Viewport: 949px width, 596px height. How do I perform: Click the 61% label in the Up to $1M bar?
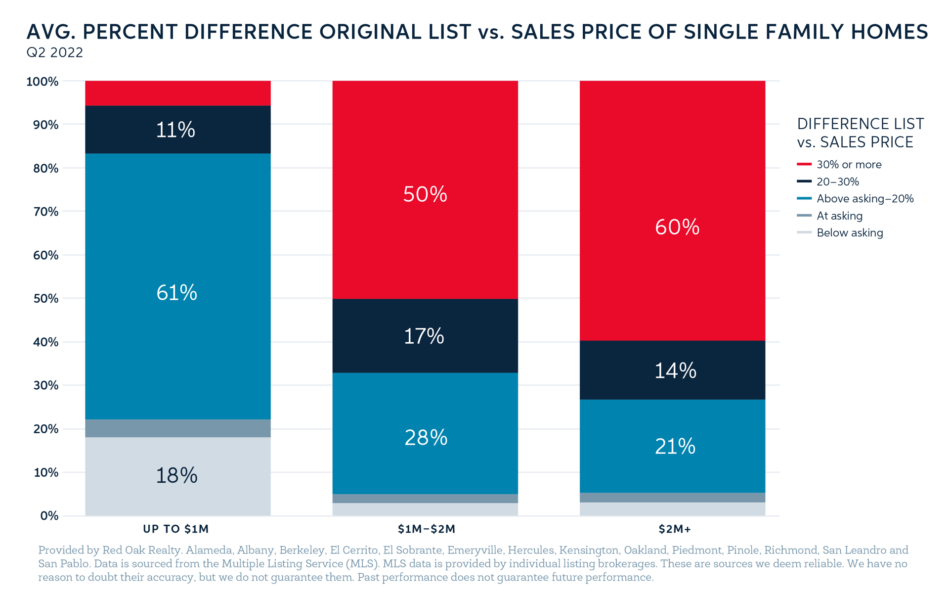point(176,293)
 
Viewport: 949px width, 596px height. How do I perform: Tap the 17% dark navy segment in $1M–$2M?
point(425,336)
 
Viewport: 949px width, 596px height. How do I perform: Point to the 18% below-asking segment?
point(177,476)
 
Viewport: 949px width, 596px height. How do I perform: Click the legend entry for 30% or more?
point(848,165)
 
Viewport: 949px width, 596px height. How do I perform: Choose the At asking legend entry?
point(839,216)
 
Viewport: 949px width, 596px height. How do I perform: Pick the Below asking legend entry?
point(849,233)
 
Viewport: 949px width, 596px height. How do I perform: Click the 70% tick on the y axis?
point(46,212)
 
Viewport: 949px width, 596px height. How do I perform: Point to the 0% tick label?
point(49,516)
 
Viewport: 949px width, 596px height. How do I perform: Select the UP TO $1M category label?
point(176,529)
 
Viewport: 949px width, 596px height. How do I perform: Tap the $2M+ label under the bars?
point(675,529)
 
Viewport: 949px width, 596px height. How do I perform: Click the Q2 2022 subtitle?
point(55,52)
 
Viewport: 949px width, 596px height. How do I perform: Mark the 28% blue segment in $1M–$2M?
point(426,438)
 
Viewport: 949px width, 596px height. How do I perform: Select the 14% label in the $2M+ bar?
point(675,370)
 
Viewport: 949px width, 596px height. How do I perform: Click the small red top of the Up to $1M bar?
point(177,93)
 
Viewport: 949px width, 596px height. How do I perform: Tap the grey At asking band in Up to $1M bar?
point(177,428)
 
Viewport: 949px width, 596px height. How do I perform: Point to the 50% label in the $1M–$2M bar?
point(425,194)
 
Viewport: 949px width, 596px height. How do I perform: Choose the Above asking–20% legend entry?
point(864,199)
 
